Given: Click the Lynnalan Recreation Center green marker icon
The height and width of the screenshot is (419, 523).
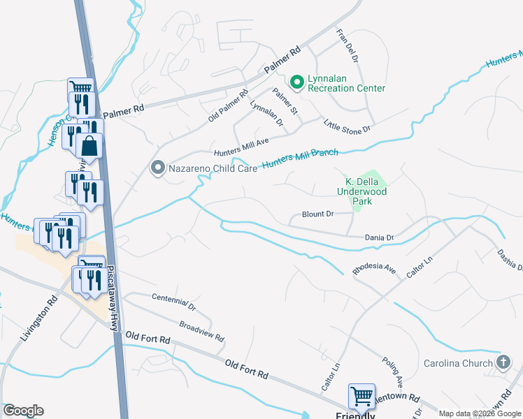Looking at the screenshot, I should (x=296, y=82).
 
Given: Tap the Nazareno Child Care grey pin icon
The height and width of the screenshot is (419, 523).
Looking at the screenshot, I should (x=158, y=168).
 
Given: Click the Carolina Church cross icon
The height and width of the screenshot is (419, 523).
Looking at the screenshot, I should (x=502, y=362).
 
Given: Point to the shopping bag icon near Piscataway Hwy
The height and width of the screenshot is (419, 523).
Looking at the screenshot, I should (x=90, y=146).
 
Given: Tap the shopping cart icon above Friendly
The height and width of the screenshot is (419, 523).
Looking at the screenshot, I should (x=362, y=396).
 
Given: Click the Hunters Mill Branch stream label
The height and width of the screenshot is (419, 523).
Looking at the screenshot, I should (x=300, y=159).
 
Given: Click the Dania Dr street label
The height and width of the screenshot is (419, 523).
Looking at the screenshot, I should (x=380, y=238).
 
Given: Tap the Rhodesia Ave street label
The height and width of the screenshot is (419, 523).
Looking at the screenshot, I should (x=375, y=269).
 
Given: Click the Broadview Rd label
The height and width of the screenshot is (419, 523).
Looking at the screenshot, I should (x=201, y=332).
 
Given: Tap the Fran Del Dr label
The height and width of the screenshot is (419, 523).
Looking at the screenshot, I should (x=346, y=46).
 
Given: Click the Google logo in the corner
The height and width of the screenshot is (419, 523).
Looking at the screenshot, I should (x=23, y=411).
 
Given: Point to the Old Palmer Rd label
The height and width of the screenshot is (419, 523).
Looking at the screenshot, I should (x=228, y=104).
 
